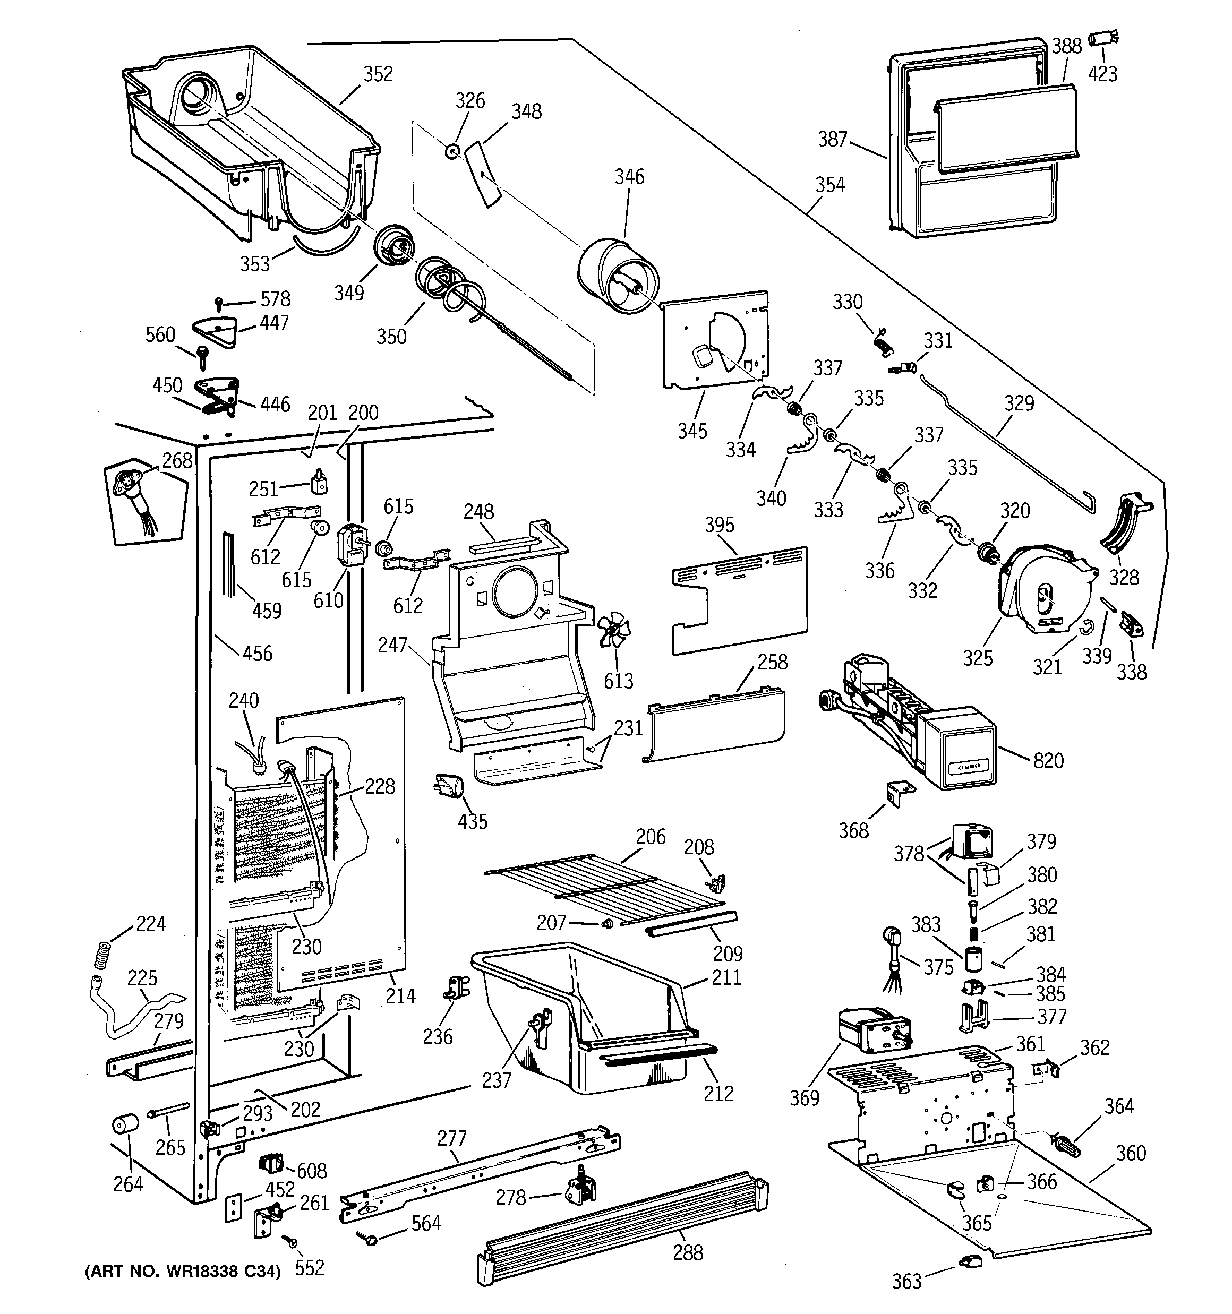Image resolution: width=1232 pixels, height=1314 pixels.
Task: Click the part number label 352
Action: coord(378,74)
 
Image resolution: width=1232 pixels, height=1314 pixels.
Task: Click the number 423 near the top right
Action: coord(1102,74)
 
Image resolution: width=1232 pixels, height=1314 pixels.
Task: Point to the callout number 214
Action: coord(400,996)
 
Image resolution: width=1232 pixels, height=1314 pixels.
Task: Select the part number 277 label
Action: coord(452,1138)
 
